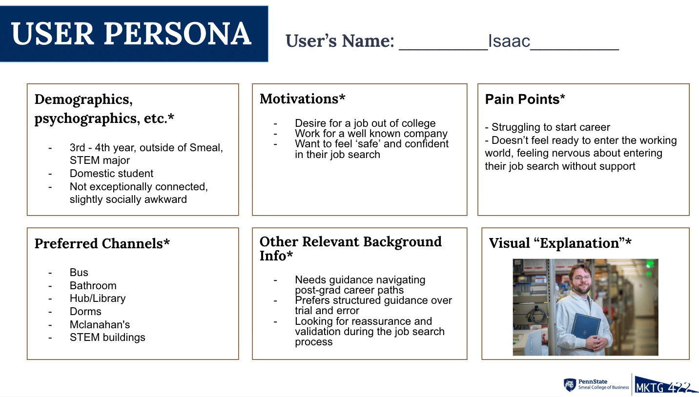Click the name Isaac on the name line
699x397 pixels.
pos(509,41)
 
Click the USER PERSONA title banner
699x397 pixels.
pos(134,34)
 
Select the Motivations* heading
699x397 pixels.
pos(302,99)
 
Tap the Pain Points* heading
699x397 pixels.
pos(525,99)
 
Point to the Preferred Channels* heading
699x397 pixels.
pos(102,243)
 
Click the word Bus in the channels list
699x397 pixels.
pos(79,272)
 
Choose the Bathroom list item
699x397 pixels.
pos(93,285)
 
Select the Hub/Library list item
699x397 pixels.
pos(98,298)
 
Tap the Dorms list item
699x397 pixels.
pos(85,311)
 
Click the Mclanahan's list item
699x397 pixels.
pos(100,324)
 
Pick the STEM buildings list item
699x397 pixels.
pos(107,337)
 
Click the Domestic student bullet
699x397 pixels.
pos(111,174)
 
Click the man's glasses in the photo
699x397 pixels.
pos(581,278)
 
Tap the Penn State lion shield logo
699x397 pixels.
pos(570,385)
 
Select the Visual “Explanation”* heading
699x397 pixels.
pos(560,243)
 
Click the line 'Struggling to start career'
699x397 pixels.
pos(547,127)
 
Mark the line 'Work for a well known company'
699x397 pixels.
pos(371,134)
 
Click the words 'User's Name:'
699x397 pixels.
pos(340,41)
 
